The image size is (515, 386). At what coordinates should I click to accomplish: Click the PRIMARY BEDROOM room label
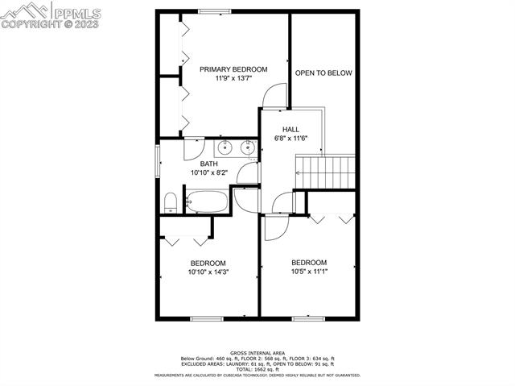[233, 69]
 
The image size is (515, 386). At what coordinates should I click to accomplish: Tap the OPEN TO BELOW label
[323, 73]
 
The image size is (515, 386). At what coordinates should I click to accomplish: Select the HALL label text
[290, 129]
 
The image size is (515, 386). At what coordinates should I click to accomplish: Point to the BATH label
[208, 164]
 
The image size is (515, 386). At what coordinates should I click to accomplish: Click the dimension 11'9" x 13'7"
[233, 79]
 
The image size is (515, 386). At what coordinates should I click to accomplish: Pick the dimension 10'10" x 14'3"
[208, 272]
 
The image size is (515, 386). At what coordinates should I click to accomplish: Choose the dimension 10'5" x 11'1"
[309, 272]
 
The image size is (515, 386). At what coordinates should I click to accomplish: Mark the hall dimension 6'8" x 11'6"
[290, 139]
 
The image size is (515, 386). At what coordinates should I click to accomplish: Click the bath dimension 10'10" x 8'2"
[208, 172]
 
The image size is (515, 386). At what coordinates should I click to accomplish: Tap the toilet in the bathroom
[171, 201]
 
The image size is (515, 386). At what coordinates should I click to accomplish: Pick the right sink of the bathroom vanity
[247, 148]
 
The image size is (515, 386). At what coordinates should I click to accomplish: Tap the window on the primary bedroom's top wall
[212, 11]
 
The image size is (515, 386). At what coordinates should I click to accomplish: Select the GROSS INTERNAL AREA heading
[257, 353]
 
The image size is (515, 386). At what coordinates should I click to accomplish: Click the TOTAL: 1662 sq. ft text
[257, 369]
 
